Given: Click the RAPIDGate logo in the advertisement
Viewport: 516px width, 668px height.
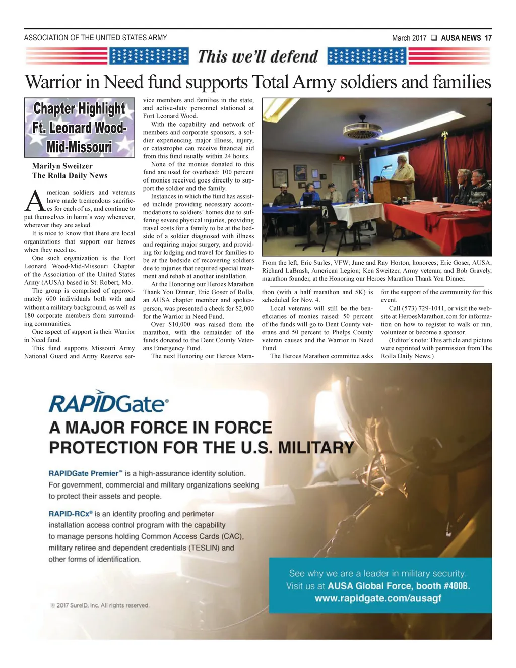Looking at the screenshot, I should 108,403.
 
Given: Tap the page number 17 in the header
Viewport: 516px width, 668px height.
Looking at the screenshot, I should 488,38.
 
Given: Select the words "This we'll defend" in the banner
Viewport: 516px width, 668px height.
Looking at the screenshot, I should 258,56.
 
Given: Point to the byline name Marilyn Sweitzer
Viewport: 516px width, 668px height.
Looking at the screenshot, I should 62,166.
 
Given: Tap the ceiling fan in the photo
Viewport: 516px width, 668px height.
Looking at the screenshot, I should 356,127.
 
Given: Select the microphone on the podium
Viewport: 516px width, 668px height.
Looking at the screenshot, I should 387,166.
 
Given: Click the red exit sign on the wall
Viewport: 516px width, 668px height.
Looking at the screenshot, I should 342,158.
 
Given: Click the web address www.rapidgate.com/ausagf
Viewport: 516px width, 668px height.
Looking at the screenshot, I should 377,598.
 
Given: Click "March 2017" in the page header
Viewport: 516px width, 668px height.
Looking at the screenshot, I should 409,38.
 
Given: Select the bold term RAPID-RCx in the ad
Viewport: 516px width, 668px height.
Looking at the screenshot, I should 70,514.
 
